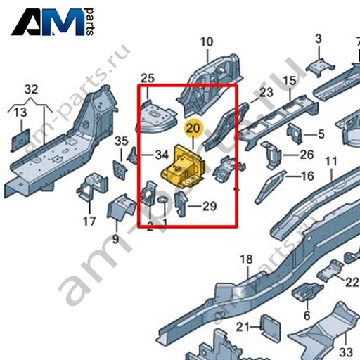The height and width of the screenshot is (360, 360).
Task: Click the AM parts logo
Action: (x=53, y=22)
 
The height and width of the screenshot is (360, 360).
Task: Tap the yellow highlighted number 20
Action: (x=193, y=129)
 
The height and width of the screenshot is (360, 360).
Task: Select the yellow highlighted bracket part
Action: (x=183, y=166)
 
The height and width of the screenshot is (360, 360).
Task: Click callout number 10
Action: (x=207, y=42)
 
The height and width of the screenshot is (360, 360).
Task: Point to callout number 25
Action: (x=148, y=78)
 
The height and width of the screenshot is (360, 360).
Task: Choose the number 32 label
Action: (x=31, y=89)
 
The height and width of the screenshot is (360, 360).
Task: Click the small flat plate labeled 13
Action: (x=20, y=140)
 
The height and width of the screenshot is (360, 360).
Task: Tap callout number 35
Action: (x=122, y=141)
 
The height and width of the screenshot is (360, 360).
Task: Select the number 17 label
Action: (x=89, y=221)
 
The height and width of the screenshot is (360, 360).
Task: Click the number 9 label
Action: (x=115, y=240)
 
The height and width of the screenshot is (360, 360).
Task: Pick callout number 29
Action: (x=210, y=206)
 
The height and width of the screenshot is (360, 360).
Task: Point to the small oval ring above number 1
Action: (x=162, y=200)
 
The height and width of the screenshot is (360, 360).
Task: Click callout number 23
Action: (x=266, y=92)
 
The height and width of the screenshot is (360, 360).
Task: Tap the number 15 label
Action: (x=290, y=81)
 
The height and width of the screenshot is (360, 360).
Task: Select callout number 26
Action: (x=307, y=155)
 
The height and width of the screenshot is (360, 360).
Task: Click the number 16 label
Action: (x=307, y=176)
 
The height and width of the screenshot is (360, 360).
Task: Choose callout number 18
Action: (x=246, y=259)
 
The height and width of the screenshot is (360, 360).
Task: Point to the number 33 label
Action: (x=346, y=352)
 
